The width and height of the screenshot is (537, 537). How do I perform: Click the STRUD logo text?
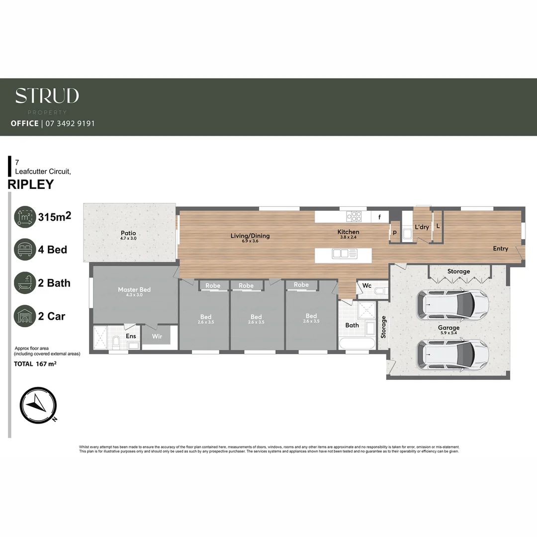pos(47,95)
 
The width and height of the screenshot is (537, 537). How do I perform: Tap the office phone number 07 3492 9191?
pos(70,123)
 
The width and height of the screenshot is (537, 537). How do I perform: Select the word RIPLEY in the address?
pos(31,184)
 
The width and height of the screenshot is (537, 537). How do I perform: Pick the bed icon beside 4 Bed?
pos(25,249)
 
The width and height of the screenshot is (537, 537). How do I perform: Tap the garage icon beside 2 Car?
pos(25,316)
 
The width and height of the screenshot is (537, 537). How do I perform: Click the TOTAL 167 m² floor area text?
pos(35,364)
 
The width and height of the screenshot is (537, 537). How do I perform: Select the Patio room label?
pos(128,233)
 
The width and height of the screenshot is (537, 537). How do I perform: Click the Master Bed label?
pos(134,289)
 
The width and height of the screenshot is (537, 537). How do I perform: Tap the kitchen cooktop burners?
pos(354,216)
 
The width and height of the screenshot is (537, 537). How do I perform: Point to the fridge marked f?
pos(380,217)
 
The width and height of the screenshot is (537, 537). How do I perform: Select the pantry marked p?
pos(395,232)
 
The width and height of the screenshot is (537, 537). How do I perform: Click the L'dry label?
pos(422,227)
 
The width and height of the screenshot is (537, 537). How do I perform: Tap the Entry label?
pos(500,249)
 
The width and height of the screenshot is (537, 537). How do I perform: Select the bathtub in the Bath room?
pos(357,344)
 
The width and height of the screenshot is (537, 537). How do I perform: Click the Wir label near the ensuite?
pos(157,337)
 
